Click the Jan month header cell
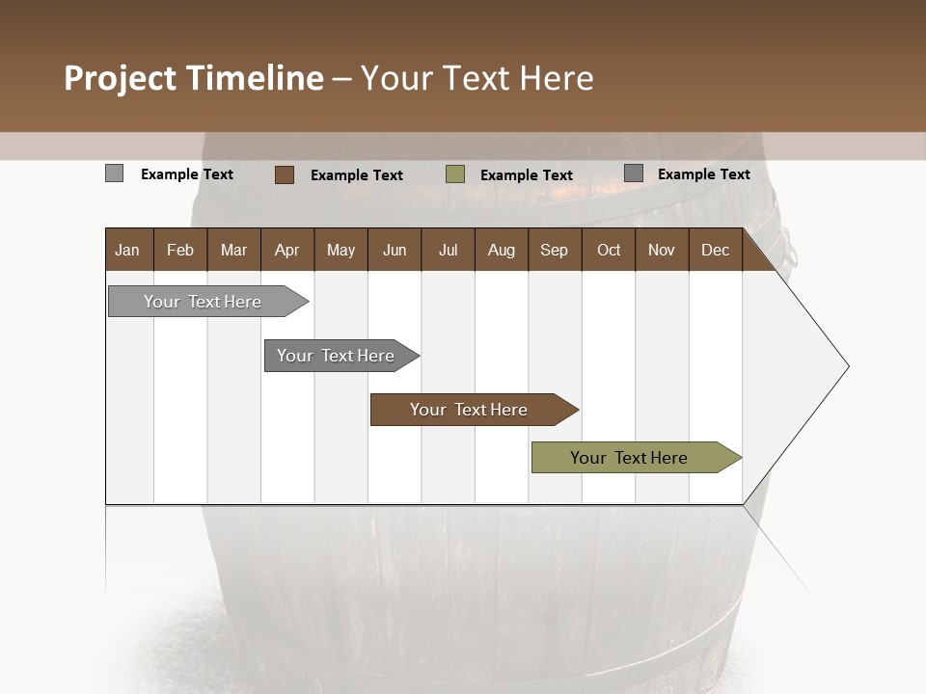pos(128,250)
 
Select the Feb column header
pos(180,250)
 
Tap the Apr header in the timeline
pos(287,250)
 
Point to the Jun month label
pos(395,250)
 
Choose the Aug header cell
pos(502,250)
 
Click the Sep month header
pos(555,250)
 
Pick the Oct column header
pos(609,250)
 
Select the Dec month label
pos(716,250)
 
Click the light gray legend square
pos(115,173)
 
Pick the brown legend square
pos(285,174)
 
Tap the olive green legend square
pos(455,174)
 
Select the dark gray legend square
pos(634,173)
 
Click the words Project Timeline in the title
pos(194,78)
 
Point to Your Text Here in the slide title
pos(477,78)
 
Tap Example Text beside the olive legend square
pos(527,174)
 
